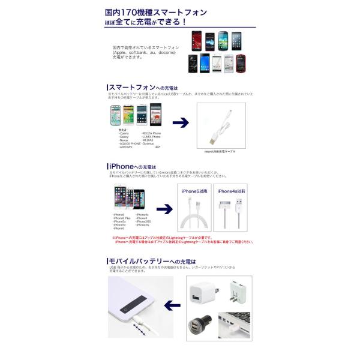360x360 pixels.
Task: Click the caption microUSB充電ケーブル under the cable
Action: pos(220,151)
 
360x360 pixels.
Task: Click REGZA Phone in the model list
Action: pos(152,133)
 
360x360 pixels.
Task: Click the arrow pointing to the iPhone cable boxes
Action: pos(163,209)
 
